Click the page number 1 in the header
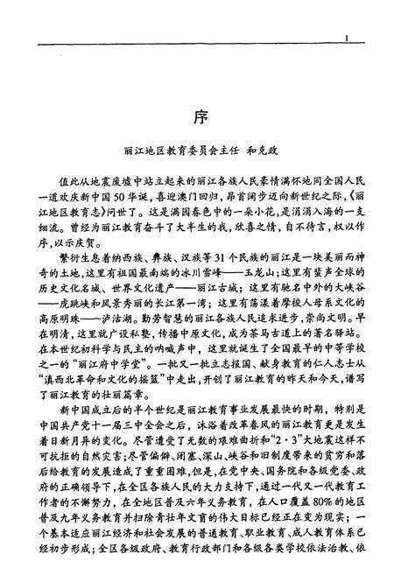[x=348, y=39]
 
